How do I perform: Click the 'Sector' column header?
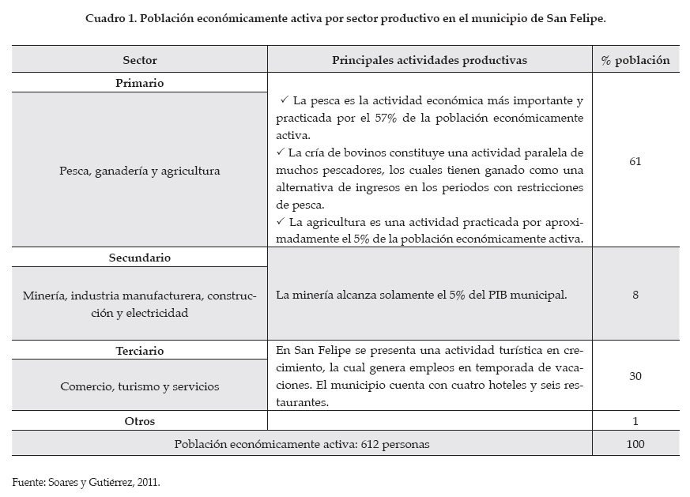140,60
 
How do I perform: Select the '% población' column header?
635,60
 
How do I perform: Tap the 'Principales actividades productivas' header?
429,60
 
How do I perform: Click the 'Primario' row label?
140,82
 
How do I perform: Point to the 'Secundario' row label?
140,258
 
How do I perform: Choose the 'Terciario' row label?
140,350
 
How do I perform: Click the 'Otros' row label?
140,421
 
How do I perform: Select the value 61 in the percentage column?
635,161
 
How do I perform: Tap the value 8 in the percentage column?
635,295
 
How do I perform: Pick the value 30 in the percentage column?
635,376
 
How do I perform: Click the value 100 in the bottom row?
635,444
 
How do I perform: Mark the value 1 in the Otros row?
635,421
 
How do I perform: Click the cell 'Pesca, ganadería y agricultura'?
140,170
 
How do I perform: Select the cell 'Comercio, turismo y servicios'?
140,386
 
